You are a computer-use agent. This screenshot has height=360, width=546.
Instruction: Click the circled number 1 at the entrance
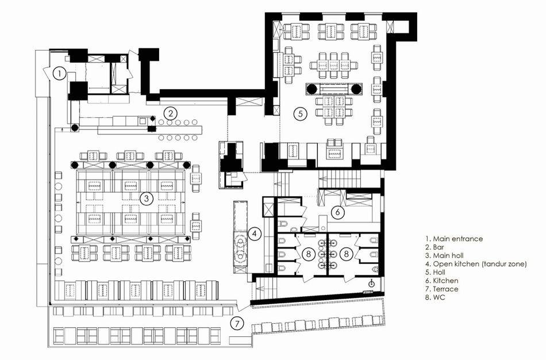click(x=60, y=74)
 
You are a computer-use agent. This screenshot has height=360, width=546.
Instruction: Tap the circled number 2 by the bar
click(x=171, y=113)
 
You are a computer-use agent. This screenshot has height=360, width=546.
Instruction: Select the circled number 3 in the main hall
click(x=146, y=198)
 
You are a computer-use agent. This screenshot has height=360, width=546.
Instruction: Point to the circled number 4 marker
click(x=255, y=234)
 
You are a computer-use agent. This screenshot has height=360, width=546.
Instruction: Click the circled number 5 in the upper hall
click(x=301, y=114)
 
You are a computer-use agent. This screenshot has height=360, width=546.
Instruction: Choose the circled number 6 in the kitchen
click(x=337, y=212)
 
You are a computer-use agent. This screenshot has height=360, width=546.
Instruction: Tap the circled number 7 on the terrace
click(x=237, y=324)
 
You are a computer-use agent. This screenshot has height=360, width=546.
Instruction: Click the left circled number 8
click(x=308, y=254)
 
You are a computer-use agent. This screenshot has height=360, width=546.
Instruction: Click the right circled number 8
click(x=346, y=254)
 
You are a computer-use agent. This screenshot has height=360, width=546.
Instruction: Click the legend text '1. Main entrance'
click(x=453, y=239)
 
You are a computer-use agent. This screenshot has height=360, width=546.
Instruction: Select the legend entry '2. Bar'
click(x=435, y=247)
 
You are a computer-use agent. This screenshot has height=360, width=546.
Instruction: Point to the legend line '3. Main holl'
click(x=444, y=256)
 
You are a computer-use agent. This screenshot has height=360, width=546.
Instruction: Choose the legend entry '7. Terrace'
click(x=441, y=289)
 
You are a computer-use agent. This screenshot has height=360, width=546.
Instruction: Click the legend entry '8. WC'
click(x=435, y=297)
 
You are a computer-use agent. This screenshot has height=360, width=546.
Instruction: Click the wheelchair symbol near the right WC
click(x=371, y=283)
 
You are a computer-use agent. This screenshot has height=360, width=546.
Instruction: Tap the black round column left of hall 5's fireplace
click(x=312, y=89)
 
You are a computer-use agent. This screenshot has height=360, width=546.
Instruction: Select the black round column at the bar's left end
click(x=75, y=128)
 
